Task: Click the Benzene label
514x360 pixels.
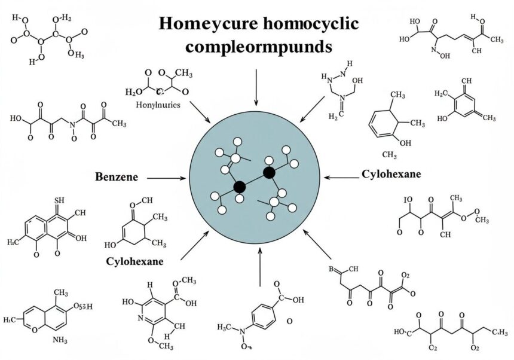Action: [x=117, y=177]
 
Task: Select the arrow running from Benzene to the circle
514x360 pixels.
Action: [x=167, y=178]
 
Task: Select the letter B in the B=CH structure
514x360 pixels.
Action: [x=332, y=269]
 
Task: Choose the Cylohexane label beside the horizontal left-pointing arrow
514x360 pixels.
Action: [x=391, y=175]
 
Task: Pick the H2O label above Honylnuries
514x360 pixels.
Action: [x=134, y=92]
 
